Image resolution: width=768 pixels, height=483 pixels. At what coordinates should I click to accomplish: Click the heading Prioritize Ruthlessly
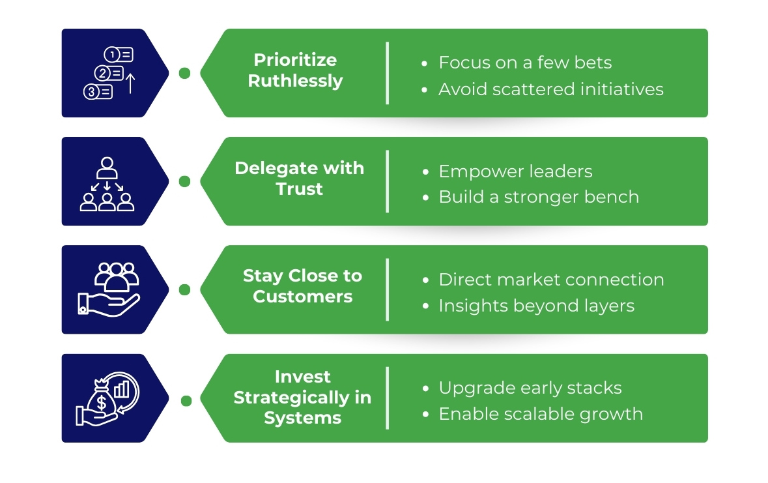pyautogui.click(x=295, y=70)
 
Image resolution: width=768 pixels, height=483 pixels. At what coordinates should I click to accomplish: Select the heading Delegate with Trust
pyautogui.click(x=299, y=179)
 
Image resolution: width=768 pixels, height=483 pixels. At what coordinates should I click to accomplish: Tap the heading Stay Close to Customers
pyautogui.click(x=302, y=287)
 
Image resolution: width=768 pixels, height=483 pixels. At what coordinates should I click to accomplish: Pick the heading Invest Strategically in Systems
pyautogui.click(x=302, y=398)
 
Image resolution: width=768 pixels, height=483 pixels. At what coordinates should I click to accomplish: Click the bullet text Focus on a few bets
pyautogui.click(x=525, y=63)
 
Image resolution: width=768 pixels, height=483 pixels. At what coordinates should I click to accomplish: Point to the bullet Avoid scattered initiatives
pyautogui.click(x=550, y=89)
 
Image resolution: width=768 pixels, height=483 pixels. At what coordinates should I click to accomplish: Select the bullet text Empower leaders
pyautogui.click(x=515, y=171)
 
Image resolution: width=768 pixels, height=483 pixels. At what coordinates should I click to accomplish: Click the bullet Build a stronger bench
pyautogui.click(x=539, y=198)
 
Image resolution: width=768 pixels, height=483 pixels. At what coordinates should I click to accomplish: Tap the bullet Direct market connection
pyautogui.click(x=551, y=280)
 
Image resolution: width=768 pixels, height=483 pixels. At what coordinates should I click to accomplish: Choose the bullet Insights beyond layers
pyautogui.click(x=536, y=306)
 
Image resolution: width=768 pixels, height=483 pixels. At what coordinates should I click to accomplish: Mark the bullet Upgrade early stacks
pyautogui.click(x=530, y=388)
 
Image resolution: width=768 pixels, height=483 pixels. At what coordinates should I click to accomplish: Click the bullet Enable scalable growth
pyautogui.click(x=541, y=414)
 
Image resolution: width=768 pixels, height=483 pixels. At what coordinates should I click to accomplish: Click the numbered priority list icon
pyautogui.click(x=109, y=73)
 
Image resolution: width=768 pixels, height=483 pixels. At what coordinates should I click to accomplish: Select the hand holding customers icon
pyautogui.click(x=108, y=289)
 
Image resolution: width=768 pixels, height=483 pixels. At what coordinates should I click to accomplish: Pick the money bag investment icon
pyautogui.click(x=107, y=398)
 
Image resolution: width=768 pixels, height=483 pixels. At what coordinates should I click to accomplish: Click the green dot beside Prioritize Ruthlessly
pyautogui.click(x=185, y=73)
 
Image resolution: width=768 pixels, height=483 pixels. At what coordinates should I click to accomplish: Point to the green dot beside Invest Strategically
pyautogui.click(x=186, y=400)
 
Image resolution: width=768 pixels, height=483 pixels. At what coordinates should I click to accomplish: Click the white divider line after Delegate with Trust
pyautogui.click(x=388, y=181)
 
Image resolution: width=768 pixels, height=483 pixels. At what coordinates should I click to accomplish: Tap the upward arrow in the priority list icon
pyautogui.click(x=130, y=83)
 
